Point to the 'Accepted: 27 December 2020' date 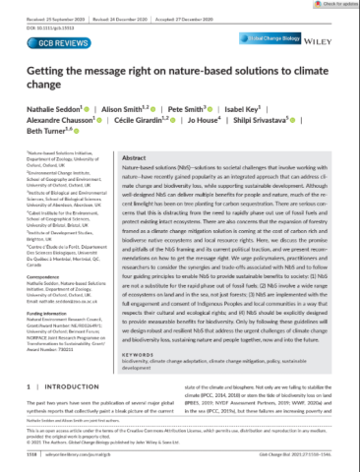[180, 17]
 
